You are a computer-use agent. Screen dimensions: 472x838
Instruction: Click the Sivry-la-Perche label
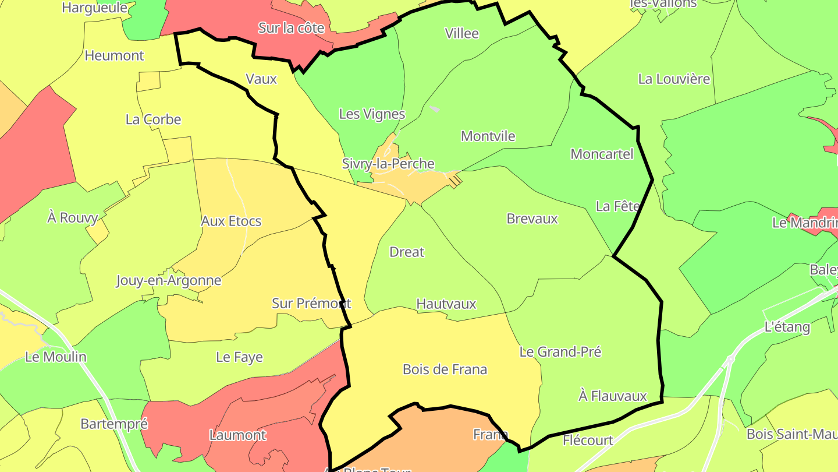(x=388, y=164)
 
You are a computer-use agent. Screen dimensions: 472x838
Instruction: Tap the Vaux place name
(x=261, y=79)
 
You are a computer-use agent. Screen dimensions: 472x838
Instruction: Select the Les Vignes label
(x=372, y=114)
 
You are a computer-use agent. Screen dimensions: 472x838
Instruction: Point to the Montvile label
(x=488, y=136)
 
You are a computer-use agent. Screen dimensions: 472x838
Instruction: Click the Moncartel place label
(x=602, y=154)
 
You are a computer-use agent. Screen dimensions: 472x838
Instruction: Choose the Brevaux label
(x=532, y=219)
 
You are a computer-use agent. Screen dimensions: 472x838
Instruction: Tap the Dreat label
(x=407, y=252)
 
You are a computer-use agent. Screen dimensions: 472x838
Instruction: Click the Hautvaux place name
(x=446, y=304)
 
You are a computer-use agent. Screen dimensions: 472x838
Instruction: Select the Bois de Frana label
(x=445, y=369)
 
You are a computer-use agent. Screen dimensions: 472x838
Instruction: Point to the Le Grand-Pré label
(x=560, y=351)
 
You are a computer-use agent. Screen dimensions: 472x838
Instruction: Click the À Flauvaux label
(x=613, y=396)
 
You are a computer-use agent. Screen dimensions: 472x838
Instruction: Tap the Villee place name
(x=461, y=33)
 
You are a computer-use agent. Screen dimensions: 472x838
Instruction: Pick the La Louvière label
(x=674, y=79)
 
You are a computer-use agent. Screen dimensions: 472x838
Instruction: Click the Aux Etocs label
(x=231, y=221)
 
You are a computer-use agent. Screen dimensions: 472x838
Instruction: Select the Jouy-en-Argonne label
(x=169, y=280)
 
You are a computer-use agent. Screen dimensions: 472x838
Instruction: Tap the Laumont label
(x=237, y=435)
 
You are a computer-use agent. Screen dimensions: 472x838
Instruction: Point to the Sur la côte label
(x=291, y=27)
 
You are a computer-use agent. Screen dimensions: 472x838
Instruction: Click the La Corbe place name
(x=154, y=119)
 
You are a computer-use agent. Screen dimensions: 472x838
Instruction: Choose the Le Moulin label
(x=56, y=357)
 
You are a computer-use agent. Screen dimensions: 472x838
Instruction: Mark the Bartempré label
(x=114, y=424)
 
